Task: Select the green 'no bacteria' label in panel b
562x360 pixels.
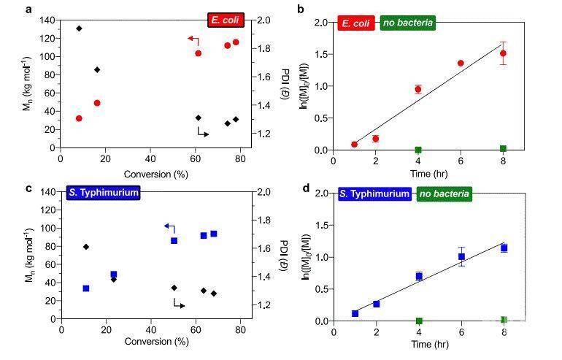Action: [x=408, y=23]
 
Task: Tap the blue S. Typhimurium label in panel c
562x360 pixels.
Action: [x=103, y=193]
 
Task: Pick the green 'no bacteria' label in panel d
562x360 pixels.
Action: [x=444, y=194]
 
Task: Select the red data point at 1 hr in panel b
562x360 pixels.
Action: [x=354, y=145]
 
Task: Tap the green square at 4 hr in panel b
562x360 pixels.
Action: [x=418, y=150]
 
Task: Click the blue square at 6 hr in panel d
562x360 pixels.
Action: [x=461, y=256]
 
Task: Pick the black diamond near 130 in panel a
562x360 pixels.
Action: [x=79, y=28]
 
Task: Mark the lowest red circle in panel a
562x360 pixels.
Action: [x=79, y=118]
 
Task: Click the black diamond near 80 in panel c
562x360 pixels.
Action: [x=86, y=247]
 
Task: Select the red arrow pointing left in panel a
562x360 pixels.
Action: [x=193, y=39]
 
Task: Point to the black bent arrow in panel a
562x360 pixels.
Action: [x=203, y=132]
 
